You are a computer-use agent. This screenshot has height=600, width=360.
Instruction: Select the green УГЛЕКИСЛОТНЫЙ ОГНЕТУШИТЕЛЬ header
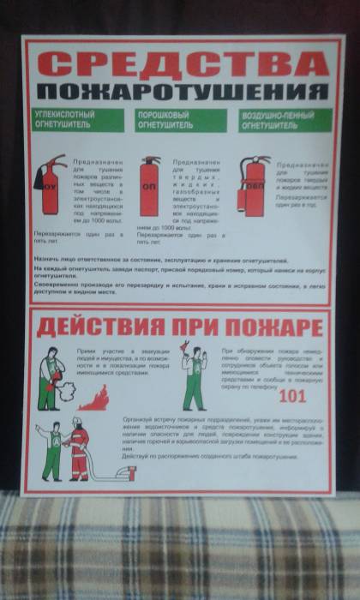pyautogui.click(x=77, y=120)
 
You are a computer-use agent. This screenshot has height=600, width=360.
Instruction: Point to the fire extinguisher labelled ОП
pyautogui.click(x=149, y=186)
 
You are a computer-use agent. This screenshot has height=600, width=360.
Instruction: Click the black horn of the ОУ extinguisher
pyautogui.click(x=38, y=181)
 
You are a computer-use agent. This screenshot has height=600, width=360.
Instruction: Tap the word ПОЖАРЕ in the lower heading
pyautogui.click(x=278, y=328)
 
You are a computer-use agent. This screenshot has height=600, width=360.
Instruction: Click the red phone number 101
pyautogui.click(x=292, y=397)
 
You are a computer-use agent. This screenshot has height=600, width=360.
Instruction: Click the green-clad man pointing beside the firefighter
pyautogui.click(x=51, y=450)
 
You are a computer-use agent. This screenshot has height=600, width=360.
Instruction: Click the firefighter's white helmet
pyautogui.click(x=76, y=422)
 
